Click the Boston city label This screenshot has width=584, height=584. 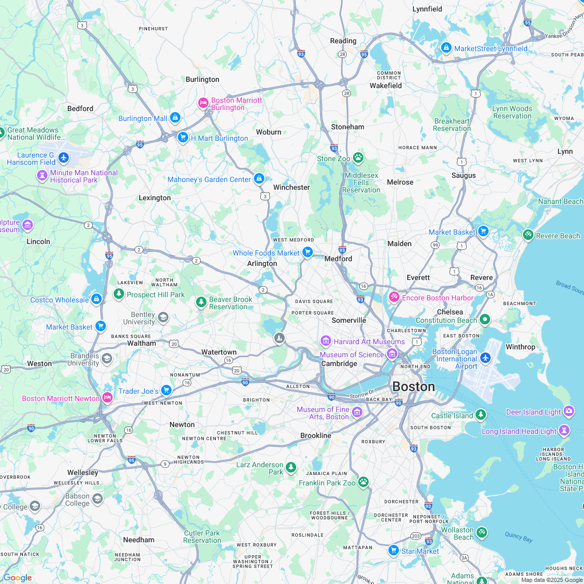(x=413, y=386)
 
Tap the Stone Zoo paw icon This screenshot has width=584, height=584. (x=358, y=157)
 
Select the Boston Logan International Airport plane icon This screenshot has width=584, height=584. (x=485, y=358)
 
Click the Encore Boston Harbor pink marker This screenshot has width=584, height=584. (x=394, y=297)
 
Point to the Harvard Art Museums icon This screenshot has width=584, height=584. (x=326, y=341)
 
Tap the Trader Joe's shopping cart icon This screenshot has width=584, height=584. (x=166, y=390)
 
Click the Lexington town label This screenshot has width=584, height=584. (x=154, y=198)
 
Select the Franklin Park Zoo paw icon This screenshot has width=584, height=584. (x=363, y=482)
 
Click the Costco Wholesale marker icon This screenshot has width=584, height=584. (x=96, y=299)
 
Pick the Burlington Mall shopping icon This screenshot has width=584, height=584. (x=175, y=118)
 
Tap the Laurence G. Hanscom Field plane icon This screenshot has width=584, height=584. (x=64, y=157)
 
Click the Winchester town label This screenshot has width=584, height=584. (x=291, y=187)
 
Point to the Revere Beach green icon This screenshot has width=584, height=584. (x=528, y=235)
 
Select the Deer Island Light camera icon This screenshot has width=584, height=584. (x=569, y=411)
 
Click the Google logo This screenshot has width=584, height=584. (x=17, y=577)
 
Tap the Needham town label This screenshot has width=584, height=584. (x=139, y=540)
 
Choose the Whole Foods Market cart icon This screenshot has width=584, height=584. (x=308, y=252)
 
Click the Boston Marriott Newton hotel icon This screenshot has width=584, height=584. (x=107, y=398)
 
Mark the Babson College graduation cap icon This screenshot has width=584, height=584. (x=97, y=500)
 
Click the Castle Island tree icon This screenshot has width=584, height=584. (x=481, y=415)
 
